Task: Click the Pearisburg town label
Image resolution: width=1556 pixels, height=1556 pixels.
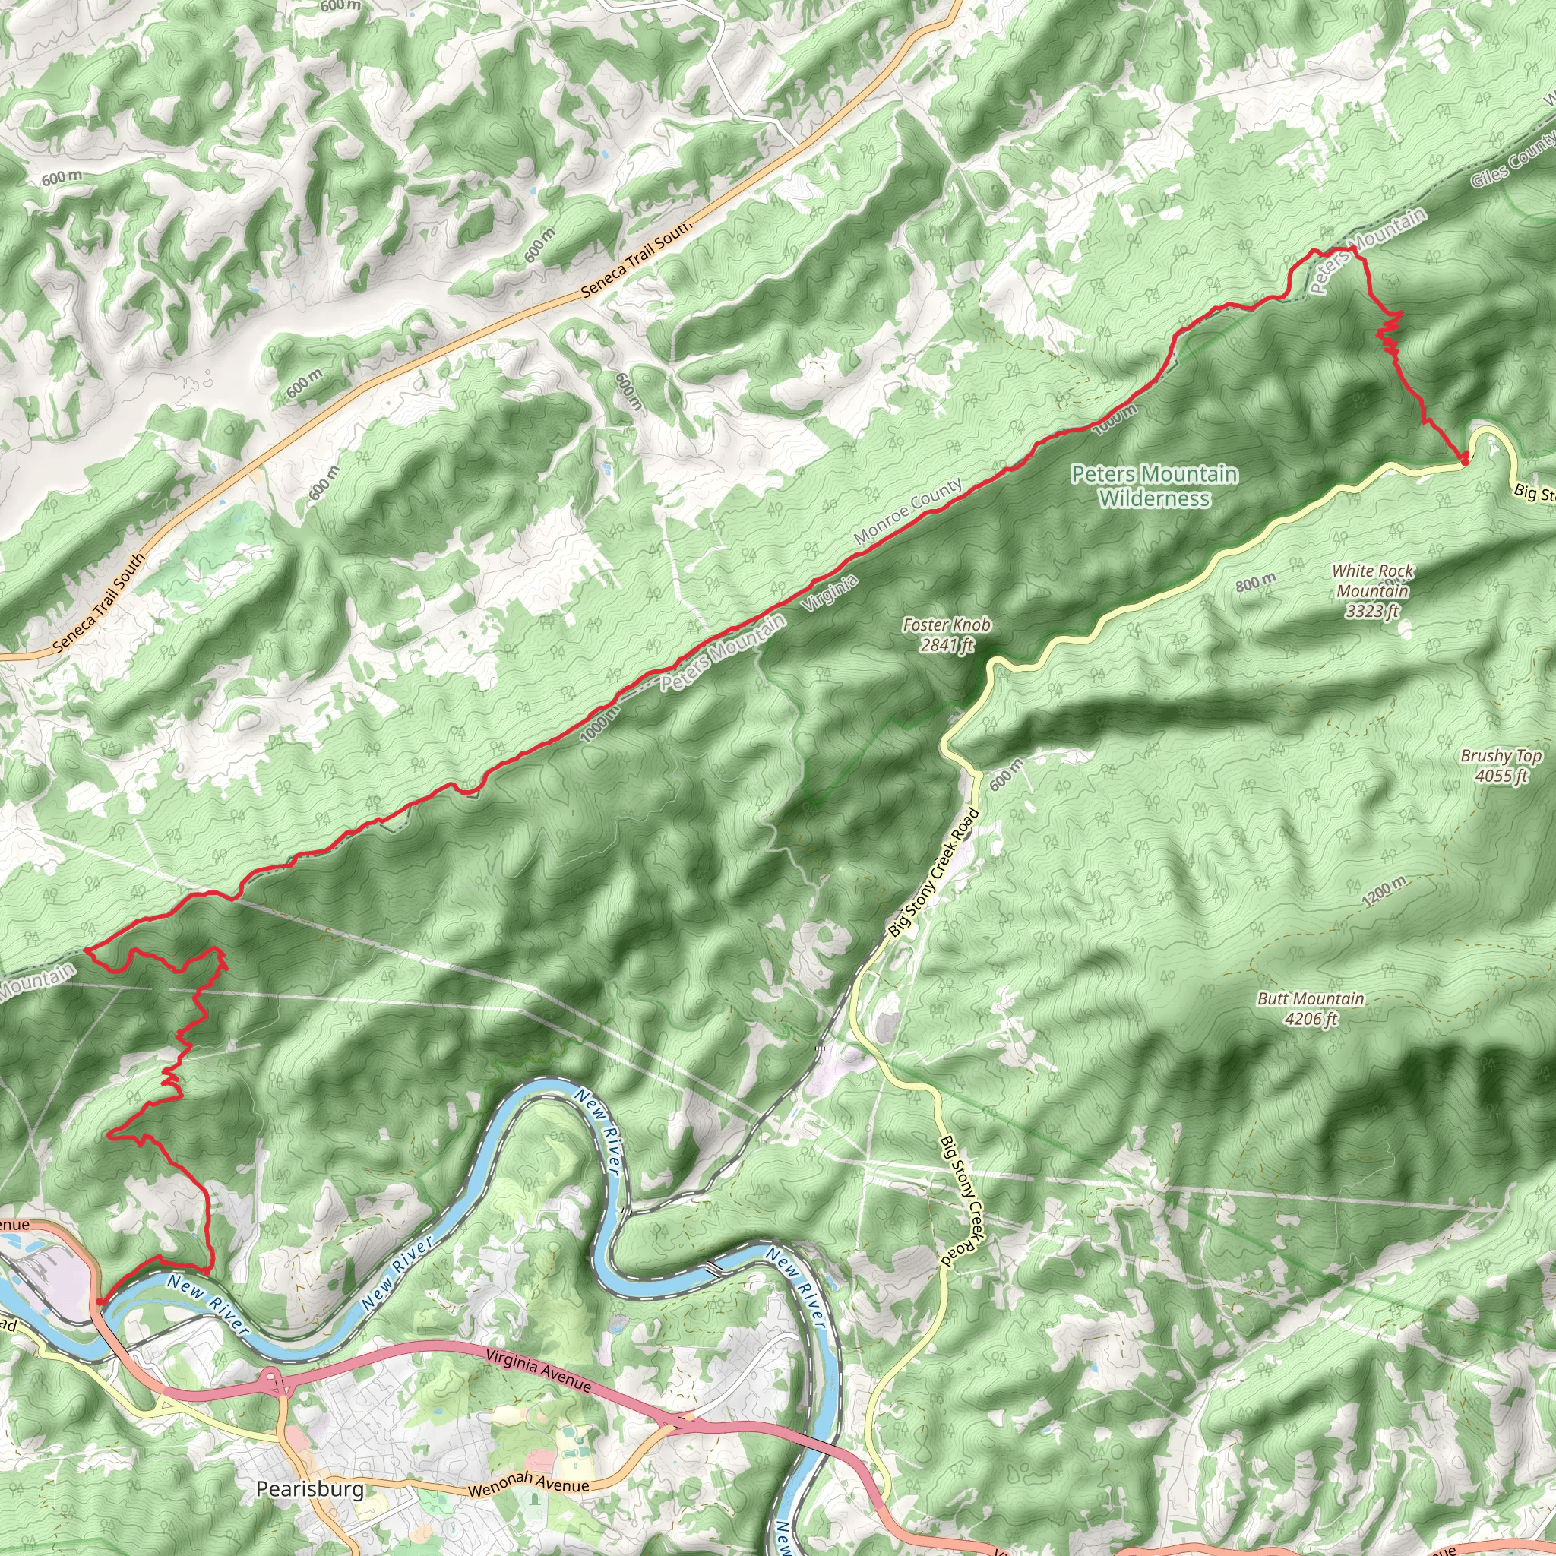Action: (309, 1488)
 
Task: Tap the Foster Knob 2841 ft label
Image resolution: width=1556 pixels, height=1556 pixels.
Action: (947, 634)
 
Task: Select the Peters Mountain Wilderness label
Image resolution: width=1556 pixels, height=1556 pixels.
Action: (1153, 485)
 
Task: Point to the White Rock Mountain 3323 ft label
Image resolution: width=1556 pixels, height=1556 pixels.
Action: (1372, 590)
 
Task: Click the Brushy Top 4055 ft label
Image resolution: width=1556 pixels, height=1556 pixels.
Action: (1501, 766)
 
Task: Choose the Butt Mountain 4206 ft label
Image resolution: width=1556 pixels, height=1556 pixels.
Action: (1311, 1008)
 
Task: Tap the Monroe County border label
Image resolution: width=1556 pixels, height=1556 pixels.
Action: (908, 511)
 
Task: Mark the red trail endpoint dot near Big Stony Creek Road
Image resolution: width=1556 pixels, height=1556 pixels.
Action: (1463, 458)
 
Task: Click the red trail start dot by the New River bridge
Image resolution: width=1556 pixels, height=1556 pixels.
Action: (100, 1300)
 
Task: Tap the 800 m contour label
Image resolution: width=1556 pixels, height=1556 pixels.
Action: (1256, 581)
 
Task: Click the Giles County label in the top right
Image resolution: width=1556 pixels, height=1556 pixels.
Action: (1512, 160)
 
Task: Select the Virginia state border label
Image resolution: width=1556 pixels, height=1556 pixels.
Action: (830, 594)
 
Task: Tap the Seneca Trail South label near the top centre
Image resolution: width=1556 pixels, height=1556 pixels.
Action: (635, 259)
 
